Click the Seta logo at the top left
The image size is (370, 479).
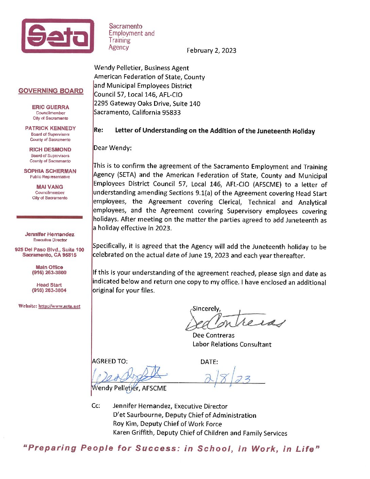click(57, 36)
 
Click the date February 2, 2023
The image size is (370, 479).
click(211, 50)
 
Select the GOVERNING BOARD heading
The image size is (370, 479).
click(51, 91)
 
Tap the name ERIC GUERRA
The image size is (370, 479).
click(50, 107)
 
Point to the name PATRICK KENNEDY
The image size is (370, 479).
click(50, 128)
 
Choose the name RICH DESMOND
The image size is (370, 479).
click(50, 150)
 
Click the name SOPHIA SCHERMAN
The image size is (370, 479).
click(50, 171)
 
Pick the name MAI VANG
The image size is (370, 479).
click(50, 187)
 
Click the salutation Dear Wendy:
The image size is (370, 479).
click(112, 148)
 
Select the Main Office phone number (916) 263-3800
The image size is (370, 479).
click(49, 272)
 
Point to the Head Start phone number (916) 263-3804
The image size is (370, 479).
click(49, 290)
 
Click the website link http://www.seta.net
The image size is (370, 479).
click(59, 306)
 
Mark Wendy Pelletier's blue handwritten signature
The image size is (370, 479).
click(129, 376)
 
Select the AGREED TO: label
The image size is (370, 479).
click(110, 361)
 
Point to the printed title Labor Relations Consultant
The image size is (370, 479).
click(232, 344)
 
